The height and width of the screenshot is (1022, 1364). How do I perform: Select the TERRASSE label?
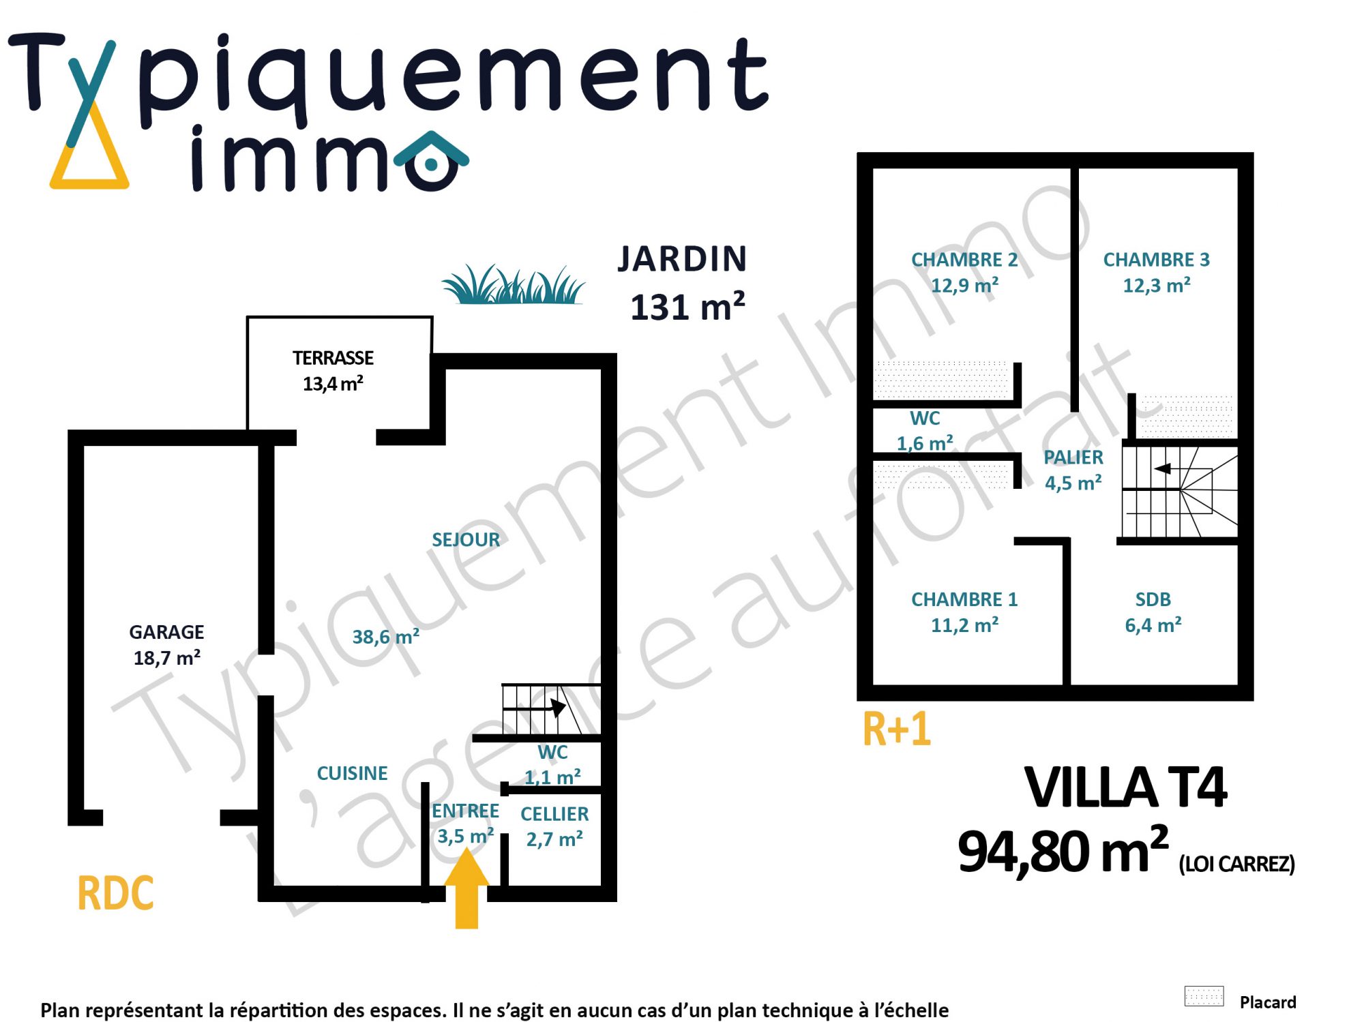(333, 358)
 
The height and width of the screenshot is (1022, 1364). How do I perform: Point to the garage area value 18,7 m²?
(167, 658)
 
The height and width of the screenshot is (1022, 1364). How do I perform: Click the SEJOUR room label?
(466, 540)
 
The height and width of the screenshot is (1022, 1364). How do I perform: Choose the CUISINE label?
(352, 773)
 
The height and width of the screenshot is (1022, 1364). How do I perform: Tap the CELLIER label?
(554, 814)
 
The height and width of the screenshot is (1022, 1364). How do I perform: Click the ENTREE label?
(466, 811)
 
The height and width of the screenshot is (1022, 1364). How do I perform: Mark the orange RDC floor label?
(116, 893)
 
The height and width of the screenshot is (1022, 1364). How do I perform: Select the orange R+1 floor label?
(897, 729)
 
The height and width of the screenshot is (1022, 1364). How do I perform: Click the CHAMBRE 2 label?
(964, 260)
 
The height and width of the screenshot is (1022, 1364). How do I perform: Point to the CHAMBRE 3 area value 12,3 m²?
(1157, 286)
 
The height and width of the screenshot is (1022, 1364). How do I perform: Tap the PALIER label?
(1073, 457)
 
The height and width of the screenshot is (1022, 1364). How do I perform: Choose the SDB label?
(1153, 599)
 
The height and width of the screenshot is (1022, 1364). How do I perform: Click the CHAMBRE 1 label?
(964, 599)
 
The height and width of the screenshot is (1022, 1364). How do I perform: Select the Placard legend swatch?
(1204, 996)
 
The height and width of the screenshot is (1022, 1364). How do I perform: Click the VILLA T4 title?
(1126, 787)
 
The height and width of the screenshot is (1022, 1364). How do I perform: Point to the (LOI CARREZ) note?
(1237, 864)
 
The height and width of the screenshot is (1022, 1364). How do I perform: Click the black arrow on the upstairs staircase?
(1163, 468)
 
